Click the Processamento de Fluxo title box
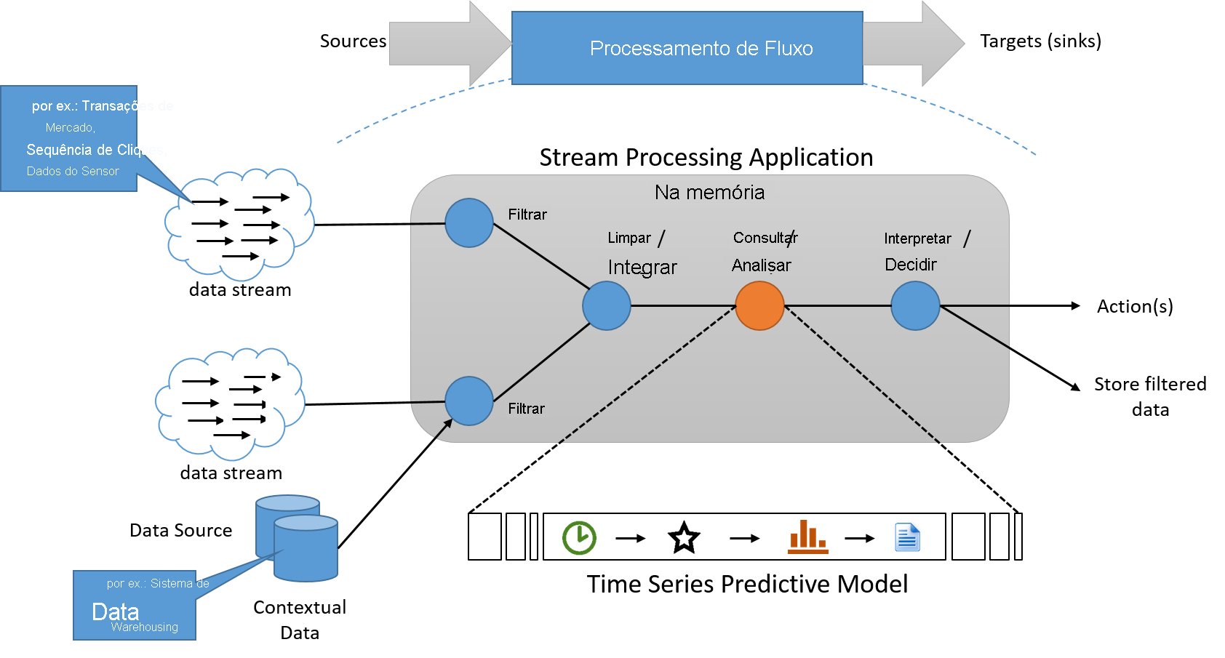[687, 48]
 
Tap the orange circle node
[759, 306]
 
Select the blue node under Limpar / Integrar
[607, 306]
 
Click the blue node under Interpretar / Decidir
[915, 306]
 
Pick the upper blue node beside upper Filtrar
[469, 222]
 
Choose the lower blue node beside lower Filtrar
[469, 401]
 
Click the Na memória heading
[709, 192]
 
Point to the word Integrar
[642, 268]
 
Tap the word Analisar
[761, 265]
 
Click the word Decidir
[910, 265]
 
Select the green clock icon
[579, 538]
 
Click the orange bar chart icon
[807, 537]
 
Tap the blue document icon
[908, 537]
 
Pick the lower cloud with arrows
[231, 404]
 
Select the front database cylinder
[306, 549]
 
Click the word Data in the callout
[115, 611]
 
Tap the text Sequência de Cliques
[96, 150]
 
